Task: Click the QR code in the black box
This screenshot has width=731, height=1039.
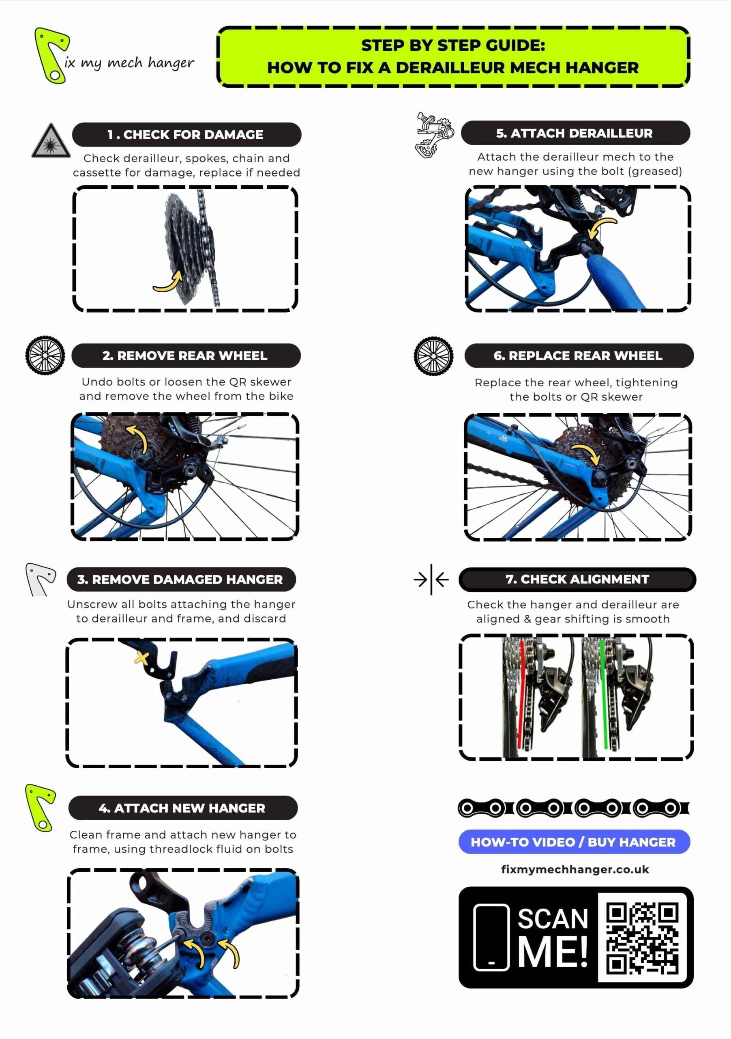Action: click(x=642, y=937)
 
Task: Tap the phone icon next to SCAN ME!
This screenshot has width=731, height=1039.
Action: click(x=491, y=937)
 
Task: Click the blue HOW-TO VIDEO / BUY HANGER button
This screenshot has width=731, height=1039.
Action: click(x=574, y=842)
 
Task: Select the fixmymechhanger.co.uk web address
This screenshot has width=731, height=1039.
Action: click(x=575, y=869)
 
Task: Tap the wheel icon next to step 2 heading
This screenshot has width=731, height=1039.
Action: click(x=45, y=355)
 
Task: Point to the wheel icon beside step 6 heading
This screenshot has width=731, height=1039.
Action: click(x=433, y=356)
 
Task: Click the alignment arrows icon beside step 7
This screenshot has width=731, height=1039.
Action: click(x=431, y=579)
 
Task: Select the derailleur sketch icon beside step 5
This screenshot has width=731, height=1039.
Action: click(x=434, y=135)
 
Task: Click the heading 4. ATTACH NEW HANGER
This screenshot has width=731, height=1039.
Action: click(x=182, y=808)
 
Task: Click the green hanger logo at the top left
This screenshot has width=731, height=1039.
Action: click(x=51, y=55)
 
